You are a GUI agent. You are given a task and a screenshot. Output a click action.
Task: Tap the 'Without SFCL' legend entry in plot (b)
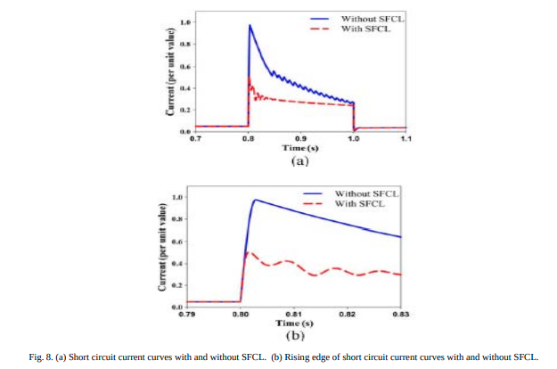pyautogui.click(x=368, y=193)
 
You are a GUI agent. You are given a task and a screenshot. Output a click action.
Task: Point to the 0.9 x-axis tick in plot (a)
pyautogui.click(x=301, y=139)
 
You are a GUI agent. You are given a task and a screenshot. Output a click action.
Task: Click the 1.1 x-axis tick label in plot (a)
pyautogui.click(x=405, y=139)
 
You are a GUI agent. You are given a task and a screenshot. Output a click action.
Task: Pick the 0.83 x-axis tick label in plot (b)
pyautogui.click(x=402, y=314)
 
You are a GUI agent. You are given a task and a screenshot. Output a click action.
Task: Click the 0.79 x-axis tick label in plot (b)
pyautogui.click(x=187, y=314)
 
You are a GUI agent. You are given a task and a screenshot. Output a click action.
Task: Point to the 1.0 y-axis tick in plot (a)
pyautogui.click(x=184, y=20)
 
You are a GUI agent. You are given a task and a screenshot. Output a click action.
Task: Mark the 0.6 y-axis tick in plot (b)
pyautogui.click(x=178, y=242)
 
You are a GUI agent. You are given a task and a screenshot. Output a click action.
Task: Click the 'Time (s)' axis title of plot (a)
pyautogui.click(x=300, y=148)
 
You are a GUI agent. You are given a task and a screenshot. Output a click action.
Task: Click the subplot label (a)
pyautogui.click(x=299, y=162)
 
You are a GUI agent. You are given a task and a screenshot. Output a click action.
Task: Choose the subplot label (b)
pyautogui.click(x=294, y=337)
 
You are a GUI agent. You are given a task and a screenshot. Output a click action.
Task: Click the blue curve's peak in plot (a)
pyautogui.click(x=250, y=25)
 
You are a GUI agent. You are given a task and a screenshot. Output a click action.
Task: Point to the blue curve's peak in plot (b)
pyautogui.click(x=256, y=200)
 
